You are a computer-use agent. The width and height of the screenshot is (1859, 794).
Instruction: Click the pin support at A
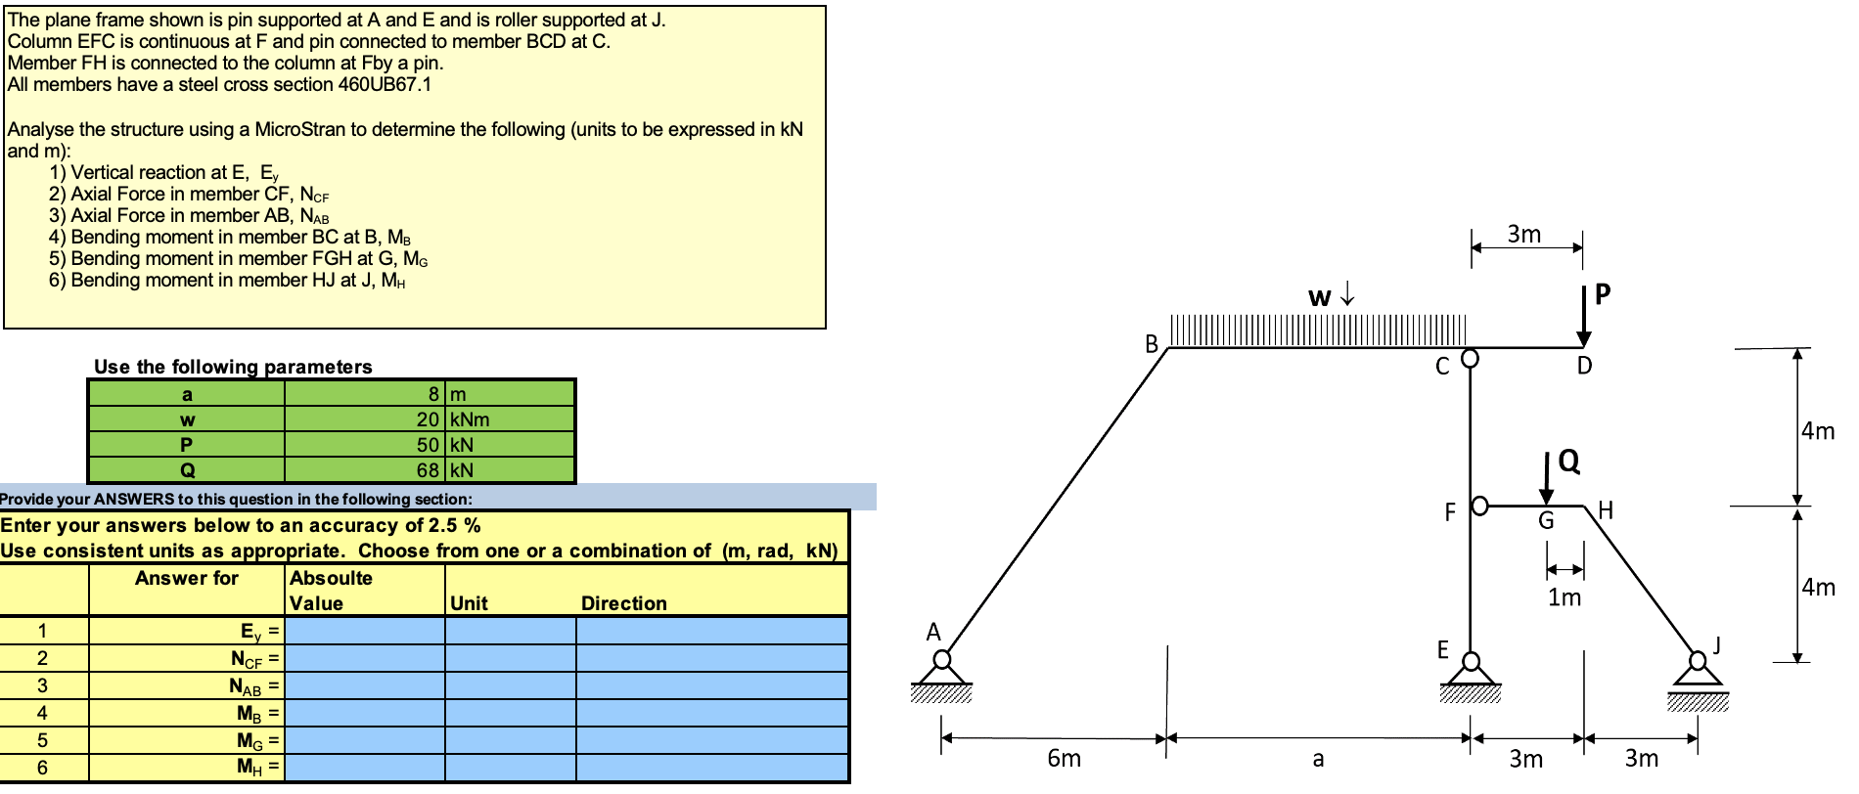coord(941,675)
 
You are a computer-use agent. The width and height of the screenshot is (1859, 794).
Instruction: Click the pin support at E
coord(1470,675)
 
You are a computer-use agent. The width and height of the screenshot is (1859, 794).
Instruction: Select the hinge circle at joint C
coord(1470,359)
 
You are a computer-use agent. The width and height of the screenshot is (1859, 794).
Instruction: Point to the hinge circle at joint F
coord(1479,506)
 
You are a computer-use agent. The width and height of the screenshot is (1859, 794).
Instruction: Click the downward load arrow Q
coord(1546,479)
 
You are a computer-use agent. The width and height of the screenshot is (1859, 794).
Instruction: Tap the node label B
coord(1152,344)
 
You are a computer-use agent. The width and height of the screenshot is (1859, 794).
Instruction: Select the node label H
coord(1606,510)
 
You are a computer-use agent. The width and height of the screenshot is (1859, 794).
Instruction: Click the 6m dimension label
coord(1065,758)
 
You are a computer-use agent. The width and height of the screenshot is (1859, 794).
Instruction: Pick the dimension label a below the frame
coord(1318,759)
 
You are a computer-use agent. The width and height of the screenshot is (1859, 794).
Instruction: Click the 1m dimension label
coord(1564,596)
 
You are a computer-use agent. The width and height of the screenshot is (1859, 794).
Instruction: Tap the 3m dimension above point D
coord(1524,235)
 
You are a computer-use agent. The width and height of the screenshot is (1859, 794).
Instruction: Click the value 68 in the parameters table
coord(428,470)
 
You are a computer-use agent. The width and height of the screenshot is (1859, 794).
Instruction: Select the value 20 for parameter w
coord(428,419)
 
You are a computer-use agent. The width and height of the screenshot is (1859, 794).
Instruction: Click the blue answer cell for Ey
coord(365,630)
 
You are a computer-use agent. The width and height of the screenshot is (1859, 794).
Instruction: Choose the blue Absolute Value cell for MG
coord(365,740)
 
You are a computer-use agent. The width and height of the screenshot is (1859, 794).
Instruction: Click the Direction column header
coord(624,603)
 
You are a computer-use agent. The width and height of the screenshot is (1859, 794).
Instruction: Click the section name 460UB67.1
coord(385,84)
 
